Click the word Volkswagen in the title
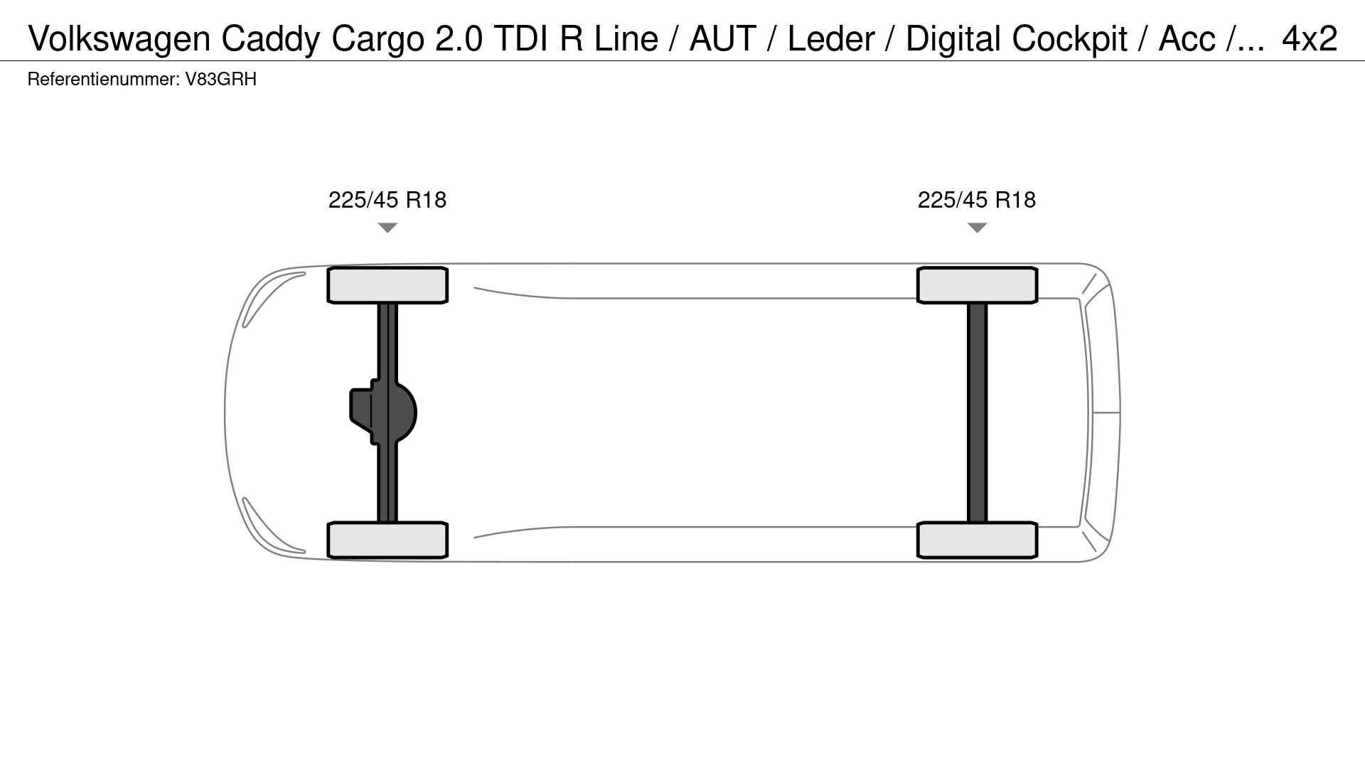click(119, 39)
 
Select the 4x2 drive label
click(1309, 39)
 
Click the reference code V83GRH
click(220, 80)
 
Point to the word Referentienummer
click(102, 80)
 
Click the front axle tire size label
click(387, 200)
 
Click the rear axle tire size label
click(976, 200)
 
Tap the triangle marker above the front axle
click(387, 228)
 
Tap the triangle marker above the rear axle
click(978, 228)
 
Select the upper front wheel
click(387, 285)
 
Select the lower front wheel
click(387, 540)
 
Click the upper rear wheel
click(978, 285)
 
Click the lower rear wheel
click(978, 540)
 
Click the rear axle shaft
click(978, 412)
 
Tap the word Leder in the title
click(830, 39)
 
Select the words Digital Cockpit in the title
click(1016, 39)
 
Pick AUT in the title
click(722, 39)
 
